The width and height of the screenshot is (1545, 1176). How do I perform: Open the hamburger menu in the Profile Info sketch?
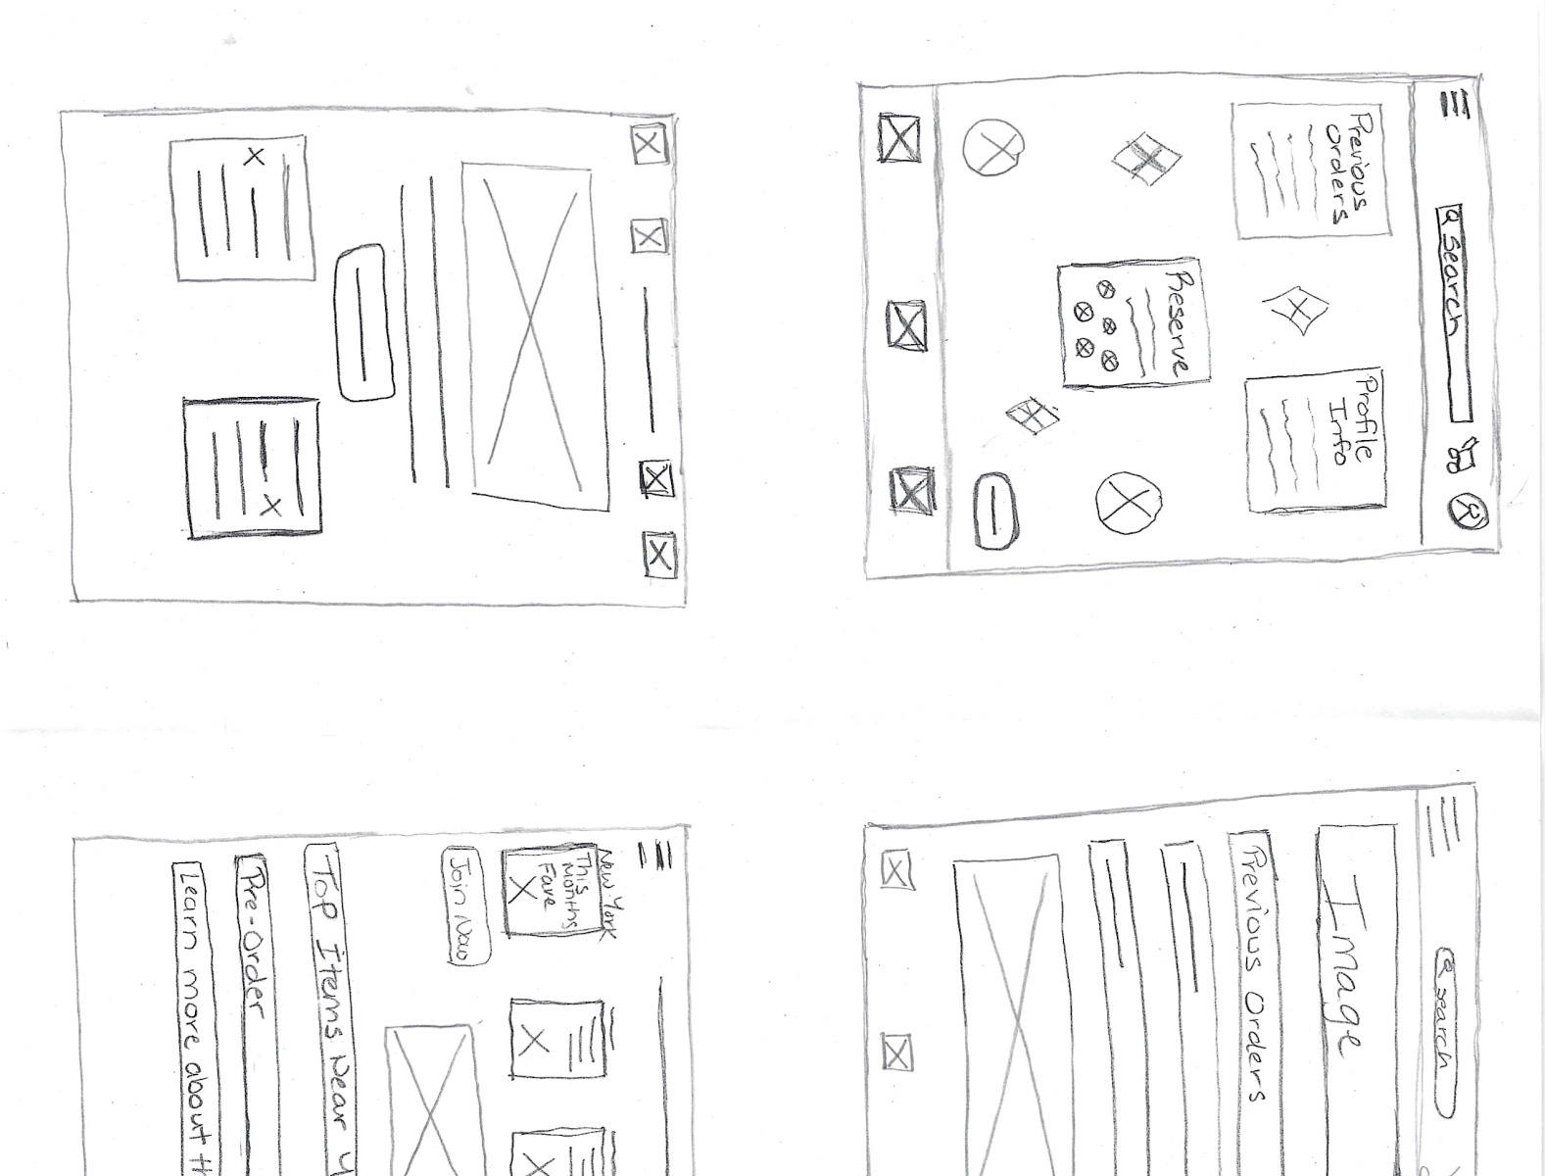coord(1457,105)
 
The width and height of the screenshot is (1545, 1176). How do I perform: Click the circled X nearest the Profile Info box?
coord(1128,503)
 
